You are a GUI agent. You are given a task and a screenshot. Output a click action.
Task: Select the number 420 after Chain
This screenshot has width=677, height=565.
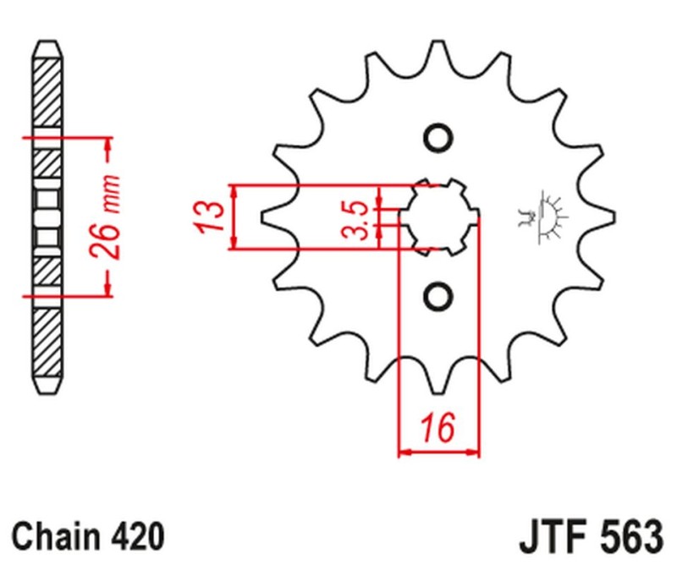[135, 536]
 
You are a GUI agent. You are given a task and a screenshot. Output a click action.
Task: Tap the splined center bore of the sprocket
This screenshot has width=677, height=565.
[438, 217]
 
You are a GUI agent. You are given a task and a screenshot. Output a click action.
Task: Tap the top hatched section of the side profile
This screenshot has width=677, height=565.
[47, 93]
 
